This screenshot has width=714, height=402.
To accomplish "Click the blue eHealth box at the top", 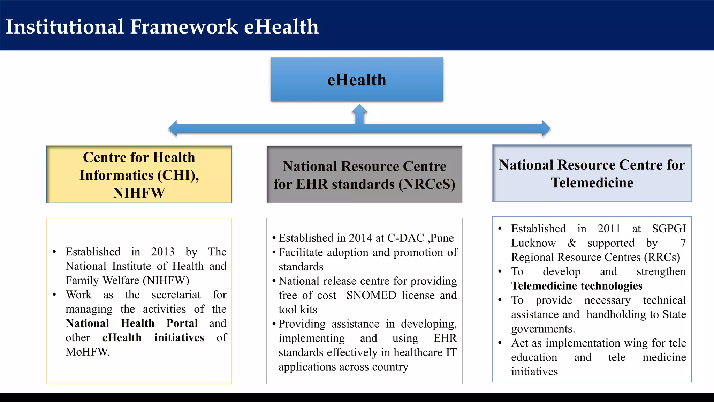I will click(357, 80).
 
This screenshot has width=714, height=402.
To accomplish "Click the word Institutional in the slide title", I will click(65, 27).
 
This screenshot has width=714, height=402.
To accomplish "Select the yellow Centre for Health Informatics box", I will click(139, 174).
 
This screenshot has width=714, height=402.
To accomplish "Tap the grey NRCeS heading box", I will click(364, 174).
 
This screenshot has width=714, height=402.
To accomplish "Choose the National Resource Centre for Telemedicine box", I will click(592, 173).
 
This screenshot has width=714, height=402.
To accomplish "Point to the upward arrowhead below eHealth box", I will click(359, 109).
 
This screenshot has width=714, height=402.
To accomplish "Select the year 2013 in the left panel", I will click(162, 252).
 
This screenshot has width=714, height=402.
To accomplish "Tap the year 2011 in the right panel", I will click(609, 229).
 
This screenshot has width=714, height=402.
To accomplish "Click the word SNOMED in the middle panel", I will click(371, 295).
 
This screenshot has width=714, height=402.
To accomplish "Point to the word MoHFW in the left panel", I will click(87, 352).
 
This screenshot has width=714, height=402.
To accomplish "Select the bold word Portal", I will click(182, 323).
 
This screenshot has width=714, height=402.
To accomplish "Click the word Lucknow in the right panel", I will click(533, 243).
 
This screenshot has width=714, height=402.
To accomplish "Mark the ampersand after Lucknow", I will click(571, 243).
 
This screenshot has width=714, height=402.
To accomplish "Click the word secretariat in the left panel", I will click(176, 295).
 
